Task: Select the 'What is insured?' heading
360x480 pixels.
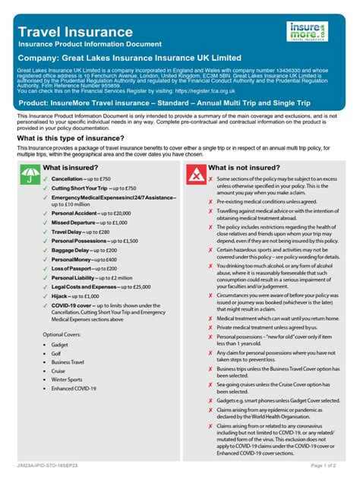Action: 74,166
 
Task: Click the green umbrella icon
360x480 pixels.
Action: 27,177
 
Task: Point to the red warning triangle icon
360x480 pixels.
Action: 194,177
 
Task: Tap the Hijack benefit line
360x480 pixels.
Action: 75,296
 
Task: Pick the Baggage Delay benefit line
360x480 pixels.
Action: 84,250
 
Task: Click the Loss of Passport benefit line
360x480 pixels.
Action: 84,268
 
